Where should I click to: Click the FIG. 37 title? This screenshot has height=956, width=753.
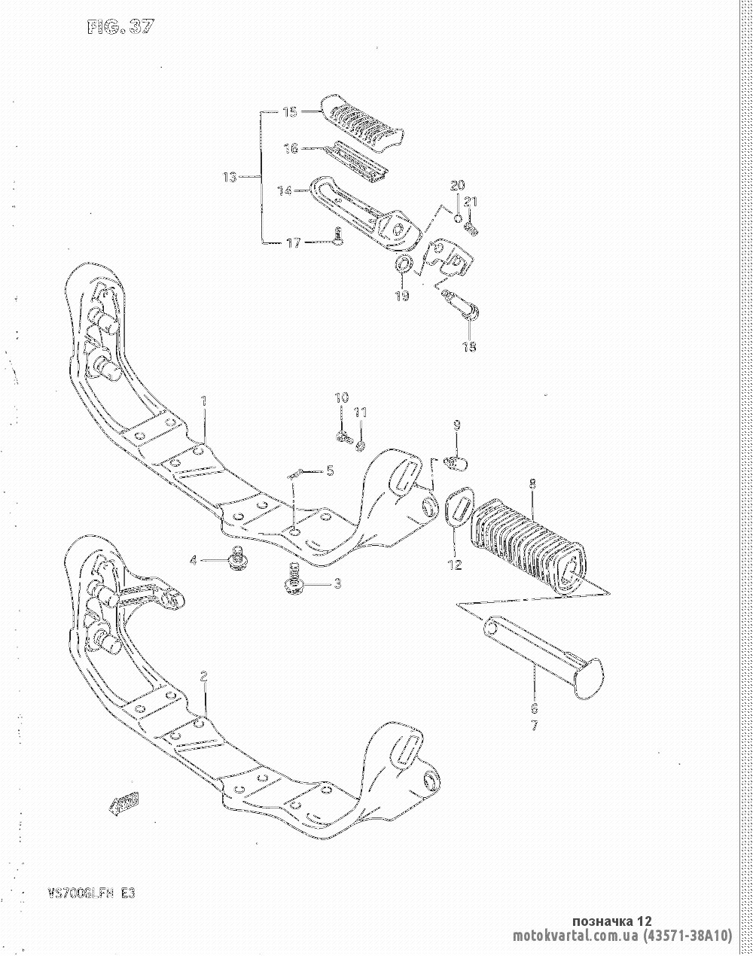pos(120,27)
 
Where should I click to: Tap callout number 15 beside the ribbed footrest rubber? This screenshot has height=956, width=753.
pos(290,112)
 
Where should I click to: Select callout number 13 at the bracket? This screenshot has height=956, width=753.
pos(230,178)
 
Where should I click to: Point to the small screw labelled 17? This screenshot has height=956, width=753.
pos(338,239)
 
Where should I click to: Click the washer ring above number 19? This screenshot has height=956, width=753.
pos(403,264)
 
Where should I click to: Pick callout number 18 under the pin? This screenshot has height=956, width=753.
pos(469,347)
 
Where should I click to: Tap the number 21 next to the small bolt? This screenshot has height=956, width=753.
pos(471,201)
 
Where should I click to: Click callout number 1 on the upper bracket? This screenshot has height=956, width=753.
pos(203,400)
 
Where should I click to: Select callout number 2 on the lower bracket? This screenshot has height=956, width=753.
pos(203,676)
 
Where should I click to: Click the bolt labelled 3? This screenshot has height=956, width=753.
pos(293,583)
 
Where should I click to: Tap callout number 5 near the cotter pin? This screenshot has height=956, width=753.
pos(329,471)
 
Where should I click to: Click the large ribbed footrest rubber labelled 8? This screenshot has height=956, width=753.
pos(527,546)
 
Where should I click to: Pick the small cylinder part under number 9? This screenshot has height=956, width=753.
pos(457,460)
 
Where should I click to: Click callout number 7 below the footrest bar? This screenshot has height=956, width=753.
pos(534,726)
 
